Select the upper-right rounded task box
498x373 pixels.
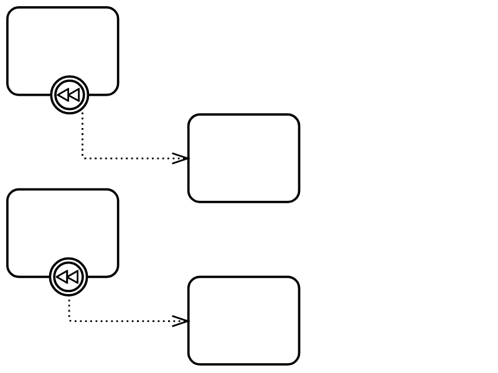click(x=243, y=158)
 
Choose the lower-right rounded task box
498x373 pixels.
click(x=243, y=321)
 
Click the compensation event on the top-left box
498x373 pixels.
click(x=70, y=95)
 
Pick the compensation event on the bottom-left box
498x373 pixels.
click(x=68, y=277)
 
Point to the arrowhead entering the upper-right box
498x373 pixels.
click(x=181, y=159)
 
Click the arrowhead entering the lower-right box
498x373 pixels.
click(x=181, y=321)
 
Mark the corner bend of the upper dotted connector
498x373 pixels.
click(x=83, y=159)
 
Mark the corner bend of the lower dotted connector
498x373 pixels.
click(x=69, y=321)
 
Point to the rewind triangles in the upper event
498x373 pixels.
click(x=69, y=95)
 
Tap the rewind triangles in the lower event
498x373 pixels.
click(x=68, y=277)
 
